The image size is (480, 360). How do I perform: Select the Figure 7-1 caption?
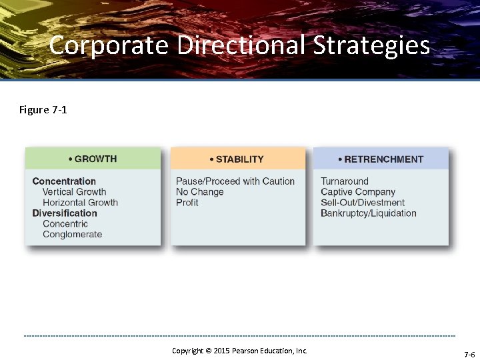[43, 109]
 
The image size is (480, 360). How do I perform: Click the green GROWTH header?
[93, 159]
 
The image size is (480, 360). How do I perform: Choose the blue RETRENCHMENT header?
[381, 159]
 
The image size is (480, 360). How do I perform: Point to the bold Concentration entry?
[64, 181]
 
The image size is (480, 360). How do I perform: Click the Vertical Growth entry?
[74, 192]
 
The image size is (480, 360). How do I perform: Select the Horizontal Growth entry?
[80, 203]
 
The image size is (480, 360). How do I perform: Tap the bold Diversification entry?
[65, 213]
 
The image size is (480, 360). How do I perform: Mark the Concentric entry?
[65, 224]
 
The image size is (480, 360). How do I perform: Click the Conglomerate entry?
[73, 235]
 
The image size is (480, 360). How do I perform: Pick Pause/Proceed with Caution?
[235, 181]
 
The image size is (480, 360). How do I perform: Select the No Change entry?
[200, 192]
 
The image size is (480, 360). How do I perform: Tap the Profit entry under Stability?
[187, 203]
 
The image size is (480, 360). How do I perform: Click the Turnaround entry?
[345, 181]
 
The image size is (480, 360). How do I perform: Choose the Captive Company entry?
[358, 192]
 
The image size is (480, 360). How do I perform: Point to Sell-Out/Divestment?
[363, 203]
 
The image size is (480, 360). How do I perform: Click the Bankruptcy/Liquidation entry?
[369, 213]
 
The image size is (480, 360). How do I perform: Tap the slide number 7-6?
[469, 354]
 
